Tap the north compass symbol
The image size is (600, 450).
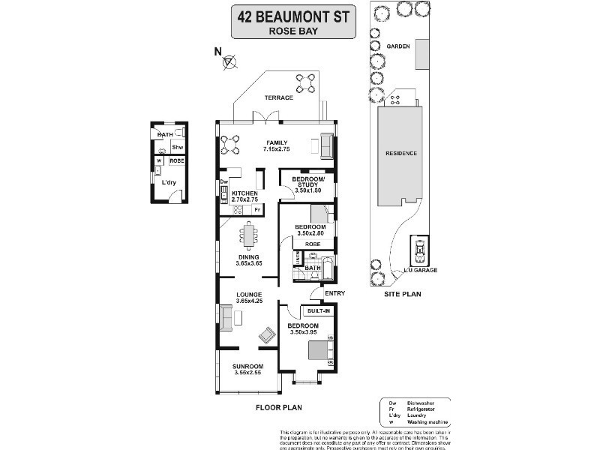click(x=229, y=62)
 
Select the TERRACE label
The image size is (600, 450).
click(x=277, y=98)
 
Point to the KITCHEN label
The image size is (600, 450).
click(x=244, y=193)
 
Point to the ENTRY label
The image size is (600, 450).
click(x=333, y=292)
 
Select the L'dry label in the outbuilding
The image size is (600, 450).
click(x=169, y=182)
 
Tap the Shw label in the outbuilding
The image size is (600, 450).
click(x=177, y=148)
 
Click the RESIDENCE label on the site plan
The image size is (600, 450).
click(x=401, y=153)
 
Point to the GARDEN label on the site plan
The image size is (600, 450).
click(x=397, y=46)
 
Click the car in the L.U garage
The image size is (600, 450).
click(x=418, y=247)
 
